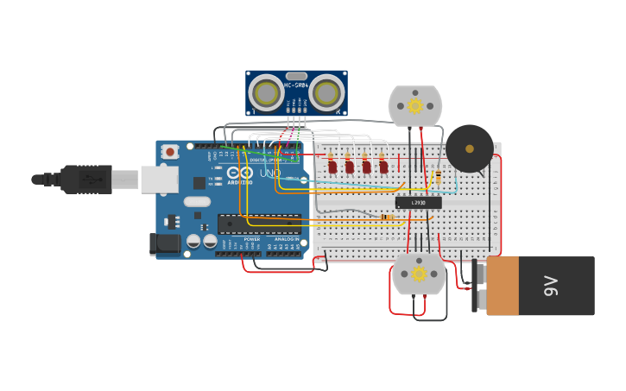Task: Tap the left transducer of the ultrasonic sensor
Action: [266, 93]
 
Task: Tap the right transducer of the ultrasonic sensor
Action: [326, 93]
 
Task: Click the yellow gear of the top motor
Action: [415, 105]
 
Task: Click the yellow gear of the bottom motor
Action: [419, 274]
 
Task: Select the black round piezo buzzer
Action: [470, 148]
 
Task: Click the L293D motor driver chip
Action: [419, 203]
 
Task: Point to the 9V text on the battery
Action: [551, 286]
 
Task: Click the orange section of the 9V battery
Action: [503, 286]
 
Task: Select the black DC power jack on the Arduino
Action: [165, 244]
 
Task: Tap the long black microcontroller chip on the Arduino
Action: [259, 224]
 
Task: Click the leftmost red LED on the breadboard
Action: [332, 166]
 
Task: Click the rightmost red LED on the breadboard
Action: [383, 166]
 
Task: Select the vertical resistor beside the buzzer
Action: [439, 176]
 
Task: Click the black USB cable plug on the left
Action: [86, 180]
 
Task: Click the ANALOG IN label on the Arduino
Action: [288, 239]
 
